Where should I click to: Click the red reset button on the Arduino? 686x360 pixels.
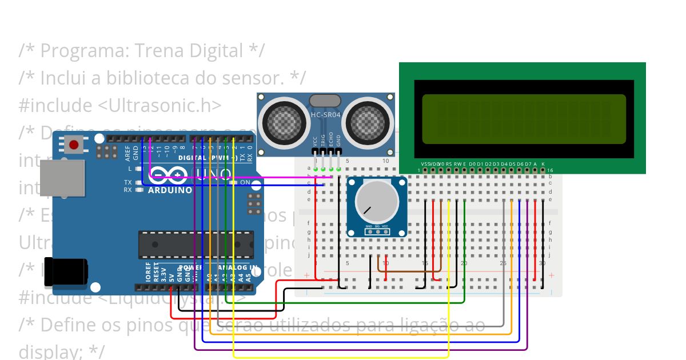pos(74,145)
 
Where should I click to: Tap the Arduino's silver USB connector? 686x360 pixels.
pos(62,178)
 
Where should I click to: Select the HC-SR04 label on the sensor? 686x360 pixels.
pos(325,115)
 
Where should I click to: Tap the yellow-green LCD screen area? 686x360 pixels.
pos(524,119)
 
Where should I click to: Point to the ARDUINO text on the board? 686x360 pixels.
pos(170,190)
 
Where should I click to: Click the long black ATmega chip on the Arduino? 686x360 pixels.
pos(196,245)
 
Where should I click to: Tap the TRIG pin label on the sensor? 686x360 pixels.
pos(323,141)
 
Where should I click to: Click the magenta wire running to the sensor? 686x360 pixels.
pos(240,177)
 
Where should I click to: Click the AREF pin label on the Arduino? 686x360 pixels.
pos(128,153)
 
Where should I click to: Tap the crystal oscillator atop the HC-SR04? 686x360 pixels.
pos(325,101)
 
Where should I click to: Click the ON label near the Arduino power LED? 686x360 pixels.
pos(245,183)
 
